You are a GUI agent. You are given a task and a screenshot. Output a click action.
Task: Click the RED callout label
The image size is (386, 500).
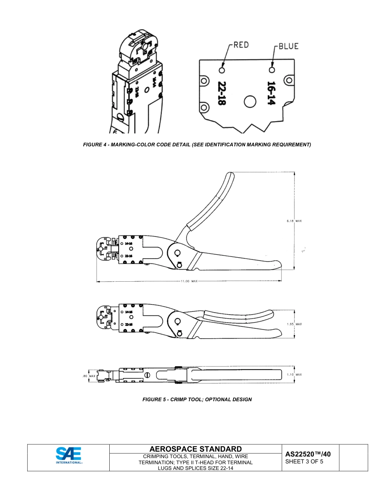tap(241, 45)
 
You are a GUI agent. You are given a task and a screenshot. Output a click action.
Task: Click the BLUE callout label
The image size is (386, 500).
tap(288, 46)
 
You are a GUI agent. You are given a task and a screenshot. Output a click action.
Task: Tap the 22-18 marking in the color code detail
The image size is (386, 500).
tap(221, 93)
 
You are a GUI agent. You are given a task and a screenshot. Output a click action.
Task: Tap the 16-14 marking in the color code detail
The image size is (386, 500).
tap(271, 93)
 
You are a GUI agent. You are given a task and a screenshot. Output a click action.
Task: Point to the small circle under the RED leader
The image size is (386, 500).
tap(222, 70)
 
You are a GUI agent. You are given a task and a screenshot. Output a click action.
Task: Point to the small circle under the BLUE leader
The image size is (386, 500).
tap(272, 70)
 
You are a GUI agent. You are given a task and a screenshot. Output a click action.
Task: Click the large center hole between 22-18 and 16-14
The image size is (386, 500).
tap(250, 102)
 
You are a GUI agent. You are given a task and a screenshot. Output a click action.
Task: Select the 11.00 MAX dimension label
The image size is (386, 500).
tap(189, 281)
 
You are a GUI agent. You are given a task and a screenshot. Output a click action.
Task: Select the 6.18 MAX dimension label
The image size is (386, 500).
tap(294, 221)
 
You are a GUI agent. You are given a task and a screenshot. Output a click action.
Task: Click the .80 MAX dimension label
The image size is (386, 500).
tap(89, 376)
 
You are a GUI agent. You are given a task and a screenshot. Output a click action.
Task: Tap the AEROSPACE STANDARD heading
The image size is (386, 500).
tap(195, 449)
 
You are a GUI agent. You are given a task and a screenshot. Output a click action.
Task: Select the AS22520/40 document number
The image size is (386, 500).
tap(308, 454)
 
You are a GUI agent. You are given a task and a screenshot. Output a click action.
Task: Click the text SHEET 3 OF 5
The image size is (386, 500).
tap(304, 461)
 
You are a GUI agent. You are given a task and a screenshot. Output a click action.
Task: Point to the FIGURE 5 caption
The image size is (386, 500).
tap(197, 400)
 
